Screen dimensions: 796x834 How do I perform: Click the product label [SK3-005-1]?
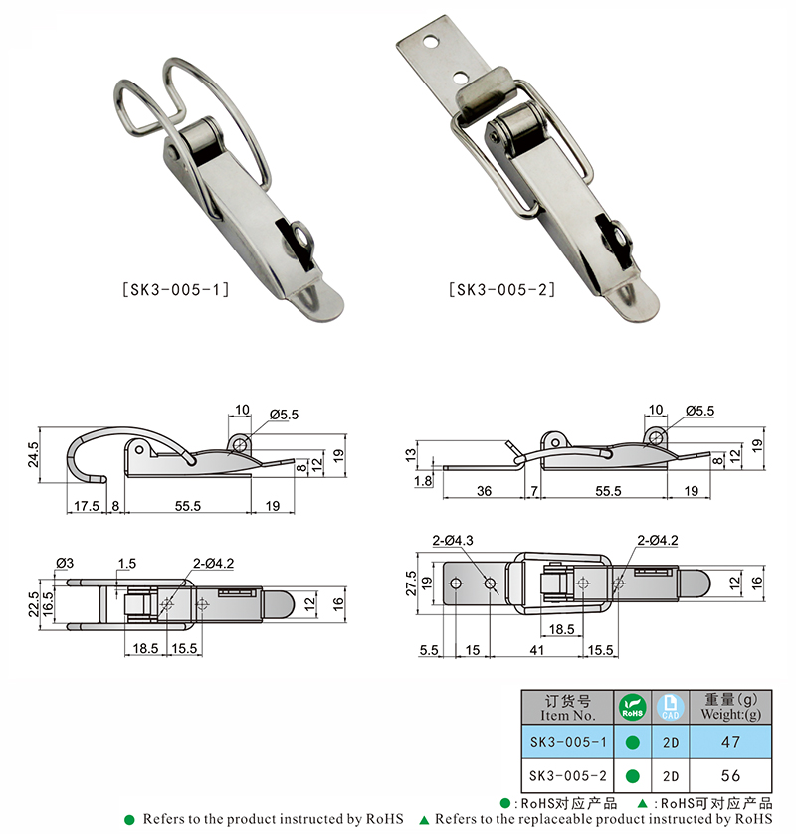(x=176, y=290)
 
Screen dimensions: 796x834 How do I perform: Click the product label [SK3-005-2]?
(x=501, y=290)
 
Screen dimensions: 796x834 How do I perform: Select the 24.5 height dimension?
(x=33, y=454)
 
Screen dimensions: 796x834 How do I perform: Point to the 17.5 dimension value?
(x=87, y=505)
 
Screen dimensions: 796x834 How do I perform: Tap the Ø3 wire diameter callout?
(x=65, y=563)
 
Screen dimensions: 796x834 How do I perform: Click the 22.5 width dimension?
(x=33, y=604)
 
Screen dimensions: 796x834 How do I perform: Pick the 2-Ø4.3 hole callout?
(x=453, y=541)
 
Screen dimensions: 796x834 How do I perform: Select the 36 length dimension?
(x=484, y=491)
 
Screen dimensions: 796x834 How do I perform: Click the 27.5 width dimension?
(x=411, y=584)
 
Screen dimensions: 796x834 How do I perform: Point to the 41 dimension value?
(x=536, y=650)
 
